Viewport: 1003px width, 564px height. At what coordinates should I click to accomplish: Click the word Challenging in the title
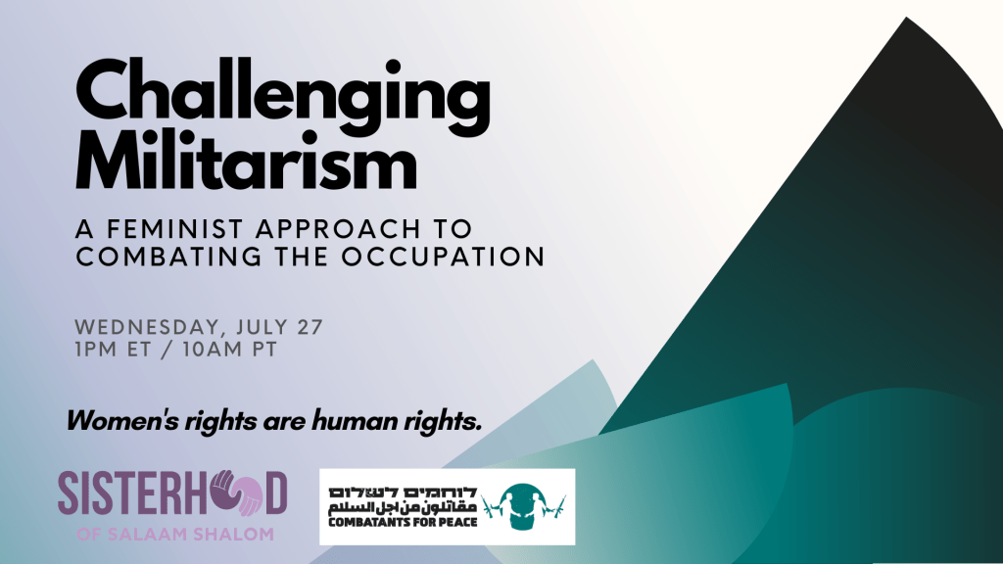click(x=282, y=97)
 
